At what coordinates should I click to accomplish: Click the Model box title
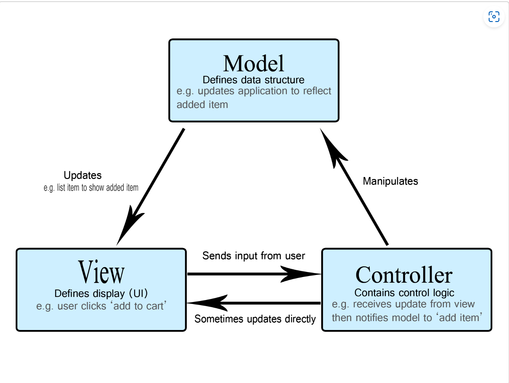click(x=253, y=63)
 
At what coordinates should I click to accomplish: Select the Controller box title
click(x=404, y=275)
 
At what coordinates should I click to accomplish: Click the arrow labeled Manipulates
click(x=354, y=187)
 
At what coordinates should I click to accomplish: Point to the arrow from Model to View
click(x=150, y=187)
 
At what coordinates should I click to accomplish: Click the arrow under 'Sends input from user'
click(x=254, y=274)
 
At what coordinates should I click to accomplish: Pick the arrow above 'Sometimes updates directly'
click(x=254, y=303)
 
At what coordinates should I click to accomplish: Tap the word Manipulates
click(x=390, y=181)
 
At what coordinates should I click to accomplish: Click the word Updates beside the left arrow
click(x=82, y=175)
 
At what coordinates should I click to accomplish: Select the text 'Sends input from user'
click(x=253, y=256)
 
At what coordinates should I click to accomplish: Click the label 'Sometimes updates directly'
click(x=255, y=319)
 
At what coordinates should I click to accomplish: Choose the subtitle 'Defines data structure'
click(x=253, y=80)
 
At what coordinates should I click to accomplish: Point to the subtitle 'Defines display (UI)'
click(x=101, y=294)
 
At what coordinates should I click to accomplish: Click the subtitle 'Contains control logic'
click(x=404, y=293)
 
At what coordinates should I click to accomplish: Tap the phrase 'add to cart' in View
click(x=138, y=306)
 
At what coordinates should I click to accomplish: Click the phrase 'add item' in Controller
click(x=459, y=318)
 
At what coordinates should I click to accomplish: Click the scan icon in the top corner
click(x=494, y=17)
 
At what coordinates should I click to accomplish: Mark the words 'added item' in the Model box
click(x=202, y=104)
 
